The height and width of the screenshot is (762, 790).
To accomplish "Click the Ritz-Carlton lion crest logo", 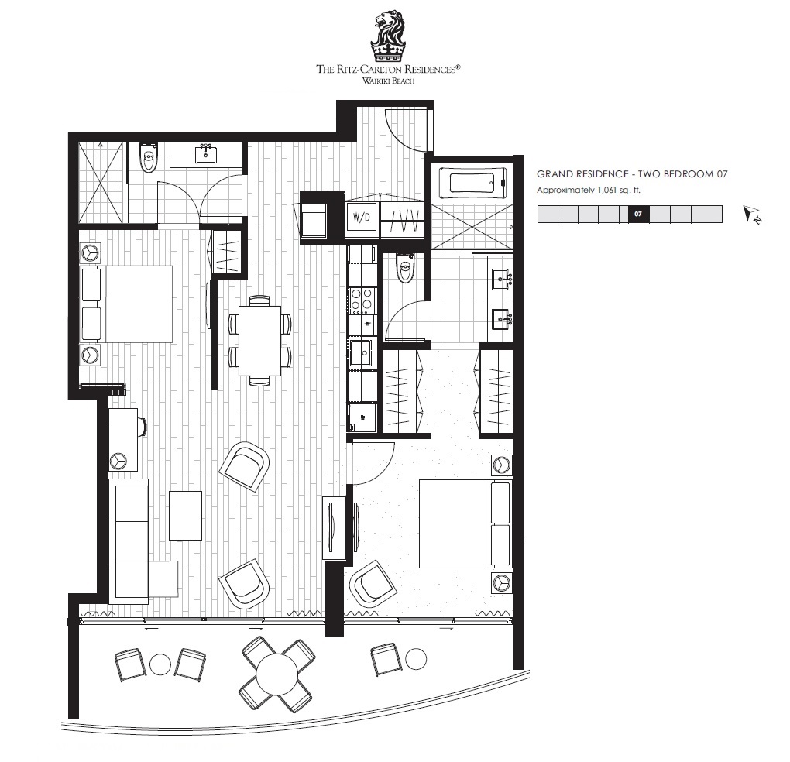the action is click(x=387, y=36).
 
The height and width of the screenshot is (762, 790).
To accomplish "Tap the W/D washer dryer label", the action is click(x=361, y=218).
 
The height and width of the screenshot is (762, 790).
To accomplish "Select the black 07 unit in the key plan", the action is click(x=638, y=214).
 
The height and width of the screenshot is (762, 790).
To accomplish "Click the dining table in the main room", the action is click(x=259, y=340).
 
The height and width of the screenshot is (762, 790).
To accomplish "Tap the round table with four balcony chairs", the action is click(x=276, y=674).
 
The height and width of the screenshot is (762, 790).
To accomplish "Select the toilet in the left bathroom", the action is click(x=148, y=156).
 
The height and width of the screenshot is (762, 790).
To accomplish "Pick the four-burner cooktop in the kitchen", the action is click(x=362, y=300).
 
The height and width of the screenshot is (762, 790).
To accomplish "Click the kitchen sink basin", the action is click(x=361, y=352).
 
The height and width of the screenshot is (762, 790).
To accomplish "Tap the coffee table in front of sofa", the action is click(x=185, y=516).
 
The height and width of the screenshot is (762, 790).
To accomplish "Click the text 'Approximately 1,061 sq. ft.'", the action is click(x=588, y=190).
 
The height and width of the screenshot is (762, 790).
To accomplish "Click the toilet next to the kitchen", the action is click(x=405, y=269).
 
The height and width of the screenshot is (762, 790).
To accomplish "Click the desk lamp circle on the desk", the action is click(x=118, y=461).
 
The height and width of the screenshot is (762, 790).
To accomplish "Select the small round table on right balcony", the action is click(x=416, y=659).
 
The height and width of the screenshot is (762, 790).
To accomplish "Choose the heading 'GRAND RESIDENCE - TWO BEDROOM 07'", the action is click(x=632, y=174).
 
